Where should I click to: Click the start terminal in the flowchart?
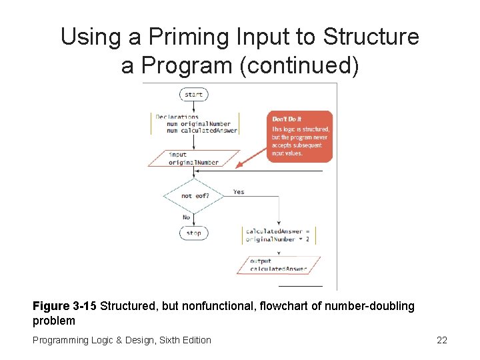pos(193,95)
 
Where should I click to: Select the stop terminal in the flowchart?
pos(193,233)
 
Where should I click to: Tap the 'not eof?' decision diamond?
pos(193,195)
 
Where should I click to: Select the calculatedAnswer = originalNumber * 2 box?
pos(279,235)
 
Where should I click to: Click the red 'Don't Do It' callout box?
pos(300,136)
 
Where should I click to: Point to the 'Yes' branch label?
pos(239,192)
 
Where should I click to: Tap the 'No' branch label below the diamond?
pos(186,217)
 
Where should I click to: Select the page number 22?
pos(441,341)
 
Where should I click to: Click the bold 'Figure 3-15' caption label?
pos(64,306)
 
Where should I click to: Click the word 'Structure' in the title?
pos(371,37)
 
